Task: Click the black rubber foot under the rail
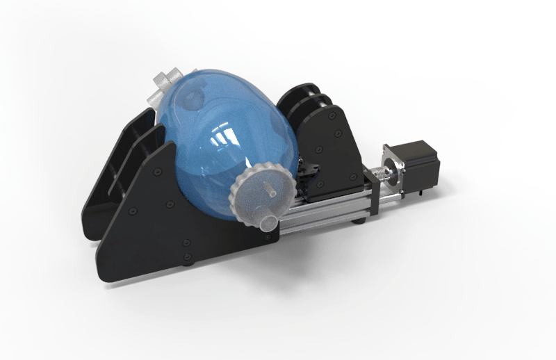pos(359,221)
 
